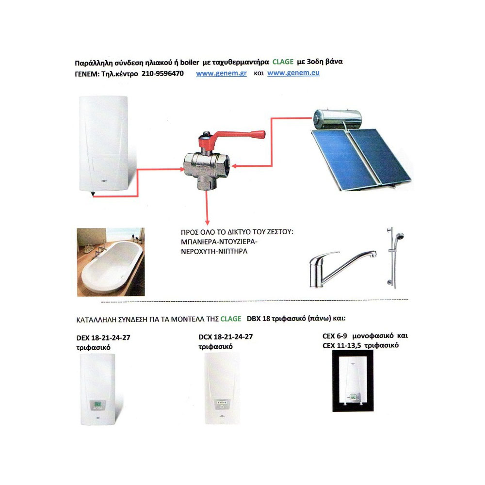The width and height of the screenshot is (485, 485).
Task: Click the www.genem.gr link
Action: point(221,74)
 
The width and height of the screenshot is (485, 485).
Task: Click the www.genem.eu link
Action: point(293,73)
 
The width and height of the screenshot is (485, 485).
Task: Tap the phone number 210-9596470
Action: point(162,74)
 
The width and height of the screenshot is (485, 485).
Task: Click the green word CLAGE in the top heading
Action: point(283,62)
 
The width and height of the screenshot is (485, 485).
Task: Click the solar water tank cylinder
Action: point(337,119)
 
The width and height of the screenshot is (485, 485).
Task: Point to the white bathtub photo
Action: point(111,262)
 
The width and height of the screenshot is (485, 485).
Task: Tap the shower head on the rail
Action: point(399,237)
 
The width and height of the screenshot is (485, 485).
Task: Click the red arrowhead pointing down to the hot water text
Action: point(207,223)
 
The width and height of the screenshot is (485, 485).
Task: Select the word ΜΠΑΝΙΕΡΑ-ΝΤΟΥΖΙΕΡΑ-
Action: point(219,242)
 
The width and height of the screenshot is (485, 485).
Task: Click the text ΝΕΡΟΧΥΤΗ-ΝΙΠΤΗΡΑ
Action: point(214,251)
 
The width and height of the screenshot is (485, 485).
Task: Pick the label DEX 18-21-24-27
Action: point(103,338)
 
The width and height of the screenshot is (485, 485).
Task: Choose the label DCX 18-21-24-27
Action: point(226,337)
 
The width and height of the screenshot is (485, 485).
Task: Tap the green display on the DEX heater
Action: point(98,404)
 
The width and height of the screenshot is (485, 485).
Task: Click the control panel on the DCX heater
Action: point(222,403)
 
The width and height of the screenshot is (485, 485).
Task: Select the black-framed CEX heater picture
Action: point(353,381)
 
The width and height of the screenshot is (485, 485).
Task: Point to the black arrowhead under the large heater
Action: point(93,194)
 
